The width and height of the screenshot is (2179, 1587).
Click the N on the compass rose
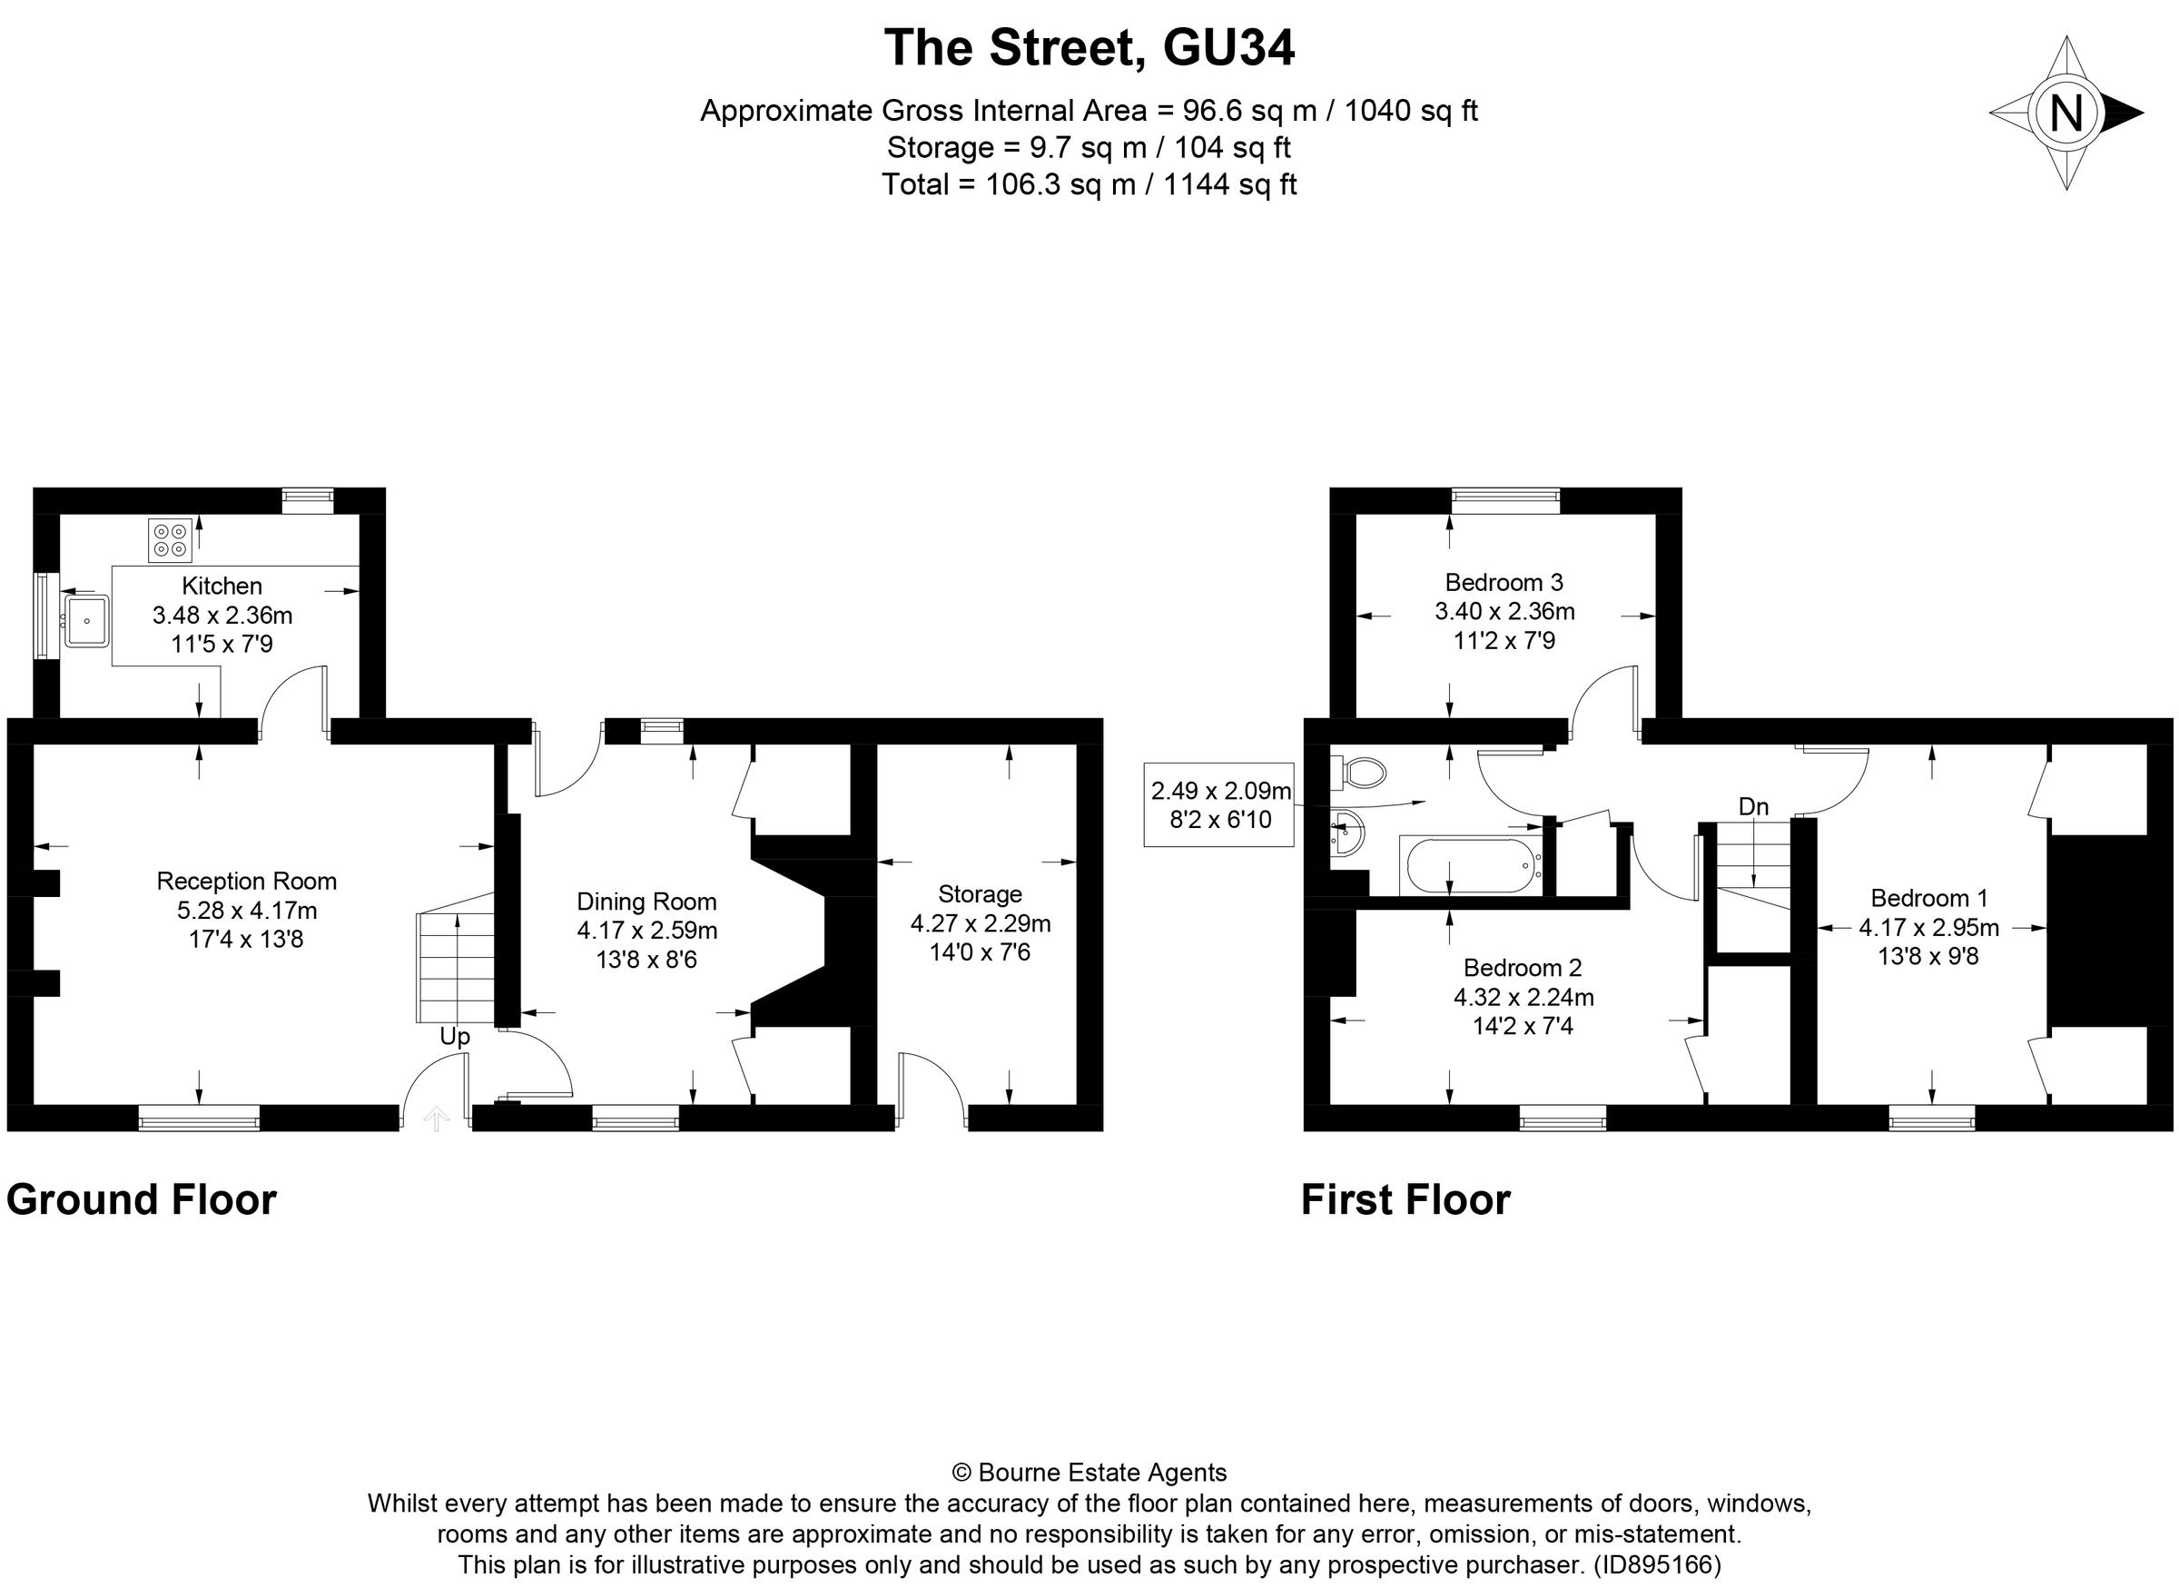point(2066,113)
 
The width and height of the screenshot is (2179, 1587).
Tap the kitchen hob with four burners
point(169,539)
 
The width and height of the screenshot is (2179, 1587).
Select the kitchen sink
point(86,621)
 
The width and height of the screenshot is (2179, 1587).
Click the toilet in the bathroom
point(1364,773)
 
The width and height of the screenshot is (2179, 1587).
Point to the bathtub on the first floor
point(1470,865)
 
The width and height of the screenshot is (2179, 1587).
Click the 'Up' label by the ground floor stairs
point(455,1037)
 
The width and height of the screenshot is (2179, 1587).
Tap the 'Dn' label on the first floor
point(1753,806)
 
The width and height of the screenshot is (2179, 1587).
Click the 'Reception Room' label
point(247,881)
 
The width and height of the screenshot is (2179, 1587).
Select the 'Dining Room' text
point(646,902)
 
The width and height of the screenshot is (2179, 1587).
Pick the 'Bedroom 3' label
point(1504,582)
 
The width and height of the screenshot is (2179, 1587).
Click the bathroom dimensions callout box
point(1219,805)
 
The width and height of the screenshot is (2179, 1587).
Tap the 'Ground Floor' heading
point(142,1200)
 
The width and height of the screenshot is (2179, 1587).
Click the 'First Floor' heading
point(1405,1200)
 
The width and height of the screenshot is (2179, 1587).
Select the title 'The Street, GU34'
point(1089,48)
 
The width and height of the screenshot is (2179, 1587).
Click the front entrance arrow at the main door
point(436,1119)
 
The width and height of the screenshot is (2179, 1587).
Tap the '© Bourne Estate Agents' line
point(1089,1473)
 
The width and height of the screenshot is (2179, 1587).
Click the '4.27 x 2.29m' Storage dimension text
point(980,923)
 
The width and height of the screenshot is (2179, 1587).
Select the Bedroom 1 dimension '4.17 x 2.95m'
point(1928,927)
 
